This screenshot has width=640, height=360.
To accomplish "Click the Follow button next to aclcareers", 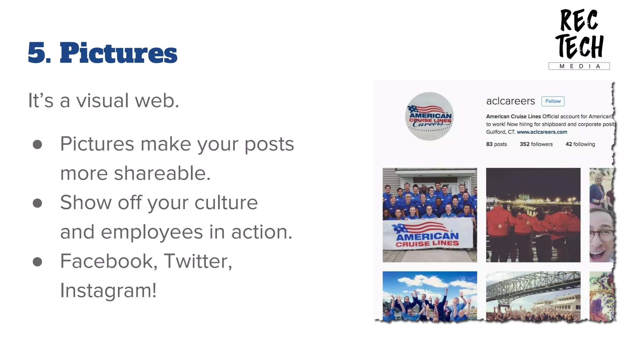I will (x=553, y=101).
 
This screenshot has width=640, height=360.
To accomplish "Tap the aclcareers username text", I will (x=510, y=101).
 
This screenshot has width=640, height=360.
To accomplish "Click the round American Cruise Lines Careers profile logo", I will (x=430, y=116).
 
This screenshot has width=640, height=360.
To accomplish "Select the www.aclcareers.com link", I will (x=542, y=132).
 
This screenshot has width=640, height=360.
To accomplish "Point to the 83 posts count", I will (x=496, y=144).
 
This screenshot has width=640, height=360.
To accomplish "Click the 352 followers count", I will (x=536, y=144).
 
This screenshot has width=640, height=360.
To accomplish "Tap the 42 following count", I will (x=580, y=144).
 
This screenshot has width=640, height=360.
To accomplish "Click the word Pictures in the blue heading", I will (x=118, y=53).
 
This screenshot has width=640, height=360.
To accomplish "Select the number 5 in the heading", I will (x=37, y=53).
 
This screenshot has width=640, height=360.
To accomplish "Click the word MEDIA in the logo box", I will (x=579, y=66).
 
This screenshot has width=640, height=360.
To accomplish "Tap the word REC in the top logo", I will (x=578, y=21).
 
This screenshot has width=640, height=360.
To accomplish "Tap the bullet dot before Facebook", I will (x=37, y=262).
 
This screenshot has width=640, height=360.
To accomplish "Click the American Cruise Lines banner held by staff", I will (x=427, y=235).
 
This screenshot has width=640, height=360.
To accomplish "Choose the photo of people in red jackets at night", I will (x=533, y=215).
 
